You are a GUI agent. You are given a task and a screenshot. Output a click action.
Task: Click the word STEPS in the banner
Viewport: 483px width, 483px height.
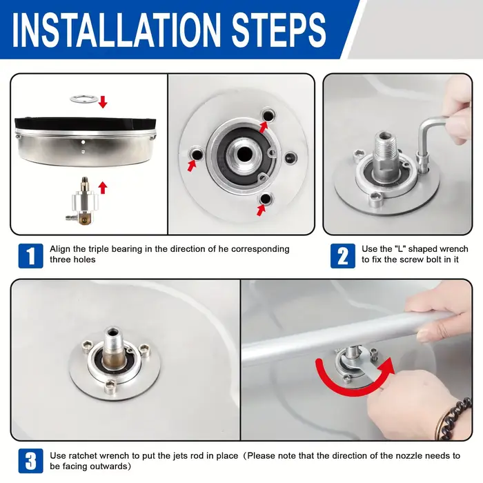279,30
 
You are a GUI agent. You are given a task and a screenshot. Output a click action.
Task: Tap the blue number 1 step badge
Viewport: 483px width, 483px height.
31,256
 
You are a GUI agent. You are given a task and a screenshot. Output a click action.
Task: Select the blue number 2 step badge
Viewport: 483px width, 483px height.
343,256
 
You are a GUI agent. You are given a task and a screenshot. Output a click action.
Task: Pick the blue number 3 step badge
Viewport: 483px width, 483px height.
31,461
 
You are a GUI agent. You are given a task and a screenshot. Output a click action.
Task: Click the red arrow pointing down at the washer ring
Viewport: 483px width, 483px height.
103,102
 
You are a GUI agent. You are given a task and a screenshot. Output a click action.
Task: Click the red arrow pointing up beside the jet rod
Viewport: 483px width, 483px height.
103,188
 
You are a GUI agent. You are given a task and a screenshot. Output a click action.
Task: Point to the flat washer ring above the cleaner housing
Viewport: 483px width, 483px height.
83,99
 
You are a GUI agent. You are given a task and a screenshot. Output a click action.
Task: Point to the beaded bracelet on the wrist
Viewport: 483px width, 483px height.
453,420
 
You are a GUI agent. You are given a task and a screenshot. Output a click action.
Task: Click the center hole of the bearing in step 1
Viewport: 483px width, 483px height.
244,152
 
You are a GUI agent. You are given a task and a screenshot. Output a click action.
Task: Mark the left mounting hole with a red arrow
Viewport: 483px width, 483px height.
196,154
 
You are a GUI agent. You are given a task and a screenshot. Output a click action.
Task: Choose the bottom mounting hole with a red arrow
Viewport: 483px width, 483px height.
265,199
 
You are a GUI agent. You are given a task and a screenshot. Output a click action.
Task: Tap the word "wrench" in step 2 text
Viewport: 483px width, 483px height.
454,249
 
